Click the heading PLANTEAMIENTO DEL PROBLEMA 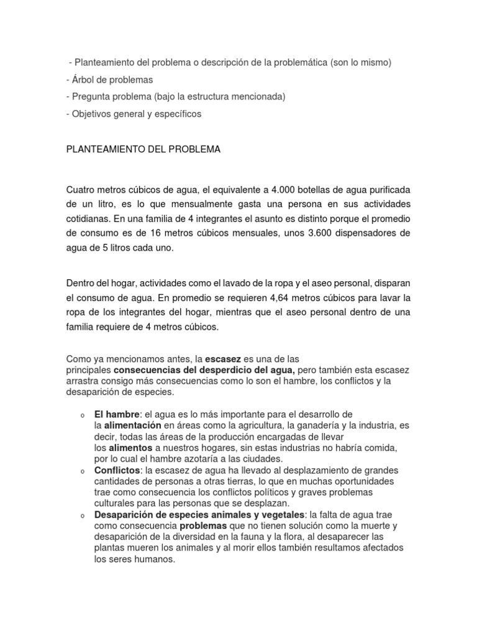pos(143,149)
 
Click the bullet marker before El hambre pos(82,416)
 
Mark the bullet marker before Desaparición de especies pos(82,515)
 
